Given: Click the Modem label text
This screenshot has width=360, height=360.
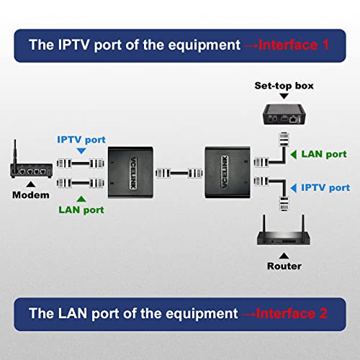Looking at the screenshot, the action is point(31,195).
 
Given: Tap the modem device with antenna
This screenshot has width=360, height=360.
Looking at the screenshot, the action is point(31,168).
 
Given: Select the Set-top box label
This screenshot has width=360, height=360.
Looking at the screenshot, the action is point(284,86).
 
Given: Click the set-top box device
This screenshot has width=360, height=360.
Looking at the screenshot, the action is point(284,114).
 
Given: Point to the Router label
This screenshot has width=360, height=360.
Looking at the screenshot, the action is point(284,266).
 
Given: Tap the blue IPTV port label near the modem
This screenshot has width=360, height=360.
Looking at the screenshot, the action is point(81,140).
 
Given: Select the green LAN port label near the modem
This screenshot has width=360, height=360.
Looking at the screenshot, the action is point(81,210).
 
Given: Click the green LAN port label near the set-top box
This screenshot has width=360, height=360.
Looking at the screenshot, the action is point(324,154).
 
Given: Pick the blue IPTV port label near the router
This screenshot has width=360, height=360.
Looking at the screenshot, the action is point(325,188).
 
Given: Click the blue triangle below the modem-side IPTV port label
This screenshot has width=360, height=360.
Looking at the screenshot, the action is point(81,150).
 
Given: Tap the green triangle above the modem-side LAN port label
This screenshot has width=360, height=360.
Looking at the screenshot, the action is point(81,199).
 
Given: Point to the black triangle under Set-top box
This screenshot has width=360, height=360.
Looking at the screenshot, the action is point(284,96).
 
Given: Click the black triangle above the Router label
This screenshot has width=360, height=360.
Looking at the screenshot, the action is point(284,256).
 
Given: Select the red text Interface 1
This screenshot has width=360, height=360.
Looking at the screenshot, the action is point(293,45).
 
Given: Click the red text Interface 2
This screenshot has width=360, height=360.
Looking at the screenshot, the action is point(292,313).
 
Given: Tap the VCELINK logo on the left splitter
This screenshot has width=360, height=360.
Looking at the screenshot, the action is point(133,173).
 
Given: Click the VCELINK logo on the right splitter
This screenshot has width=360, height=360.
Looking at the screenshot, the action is point(225,172).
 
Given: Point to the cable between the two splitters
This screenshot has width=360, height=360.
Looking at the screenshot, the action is point(179,173).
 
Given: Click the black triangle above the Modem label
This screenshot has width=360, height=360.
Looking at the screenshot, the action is point(31,184).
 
